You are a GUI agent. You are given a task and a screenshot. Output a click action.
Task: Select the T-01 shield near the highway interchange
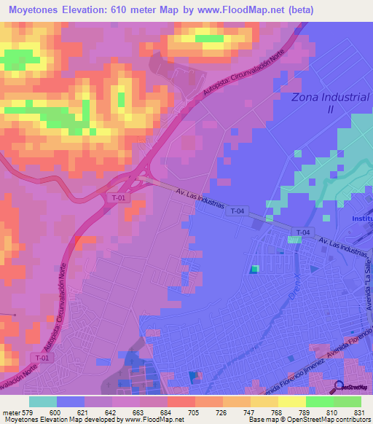click(119, 198)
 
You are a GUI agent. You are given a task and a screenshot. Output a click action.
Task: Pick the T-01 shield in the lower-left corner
click(43, 357)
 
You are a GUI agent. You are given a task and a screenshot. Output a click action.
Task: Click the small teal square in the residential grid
click(254, 270)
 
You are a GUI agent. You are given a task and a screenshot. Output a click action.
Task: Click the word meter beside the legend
click(10, 412)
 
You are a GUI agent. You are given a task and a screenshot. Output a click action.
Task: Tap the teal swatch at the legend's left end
click(43, 401)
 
